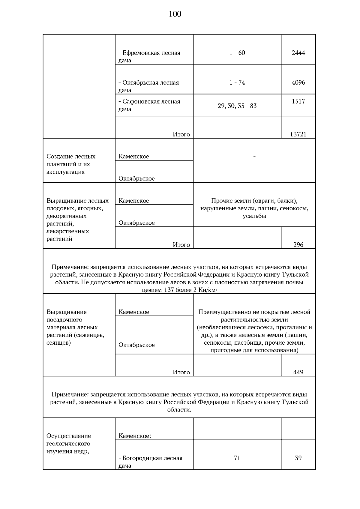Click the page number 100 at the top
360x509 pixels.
click(x=175, y=14)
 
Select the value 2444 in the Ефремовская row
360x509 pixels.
click(x=298, y=53)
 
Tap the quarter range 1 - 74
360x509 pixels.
click(x=237, y=82)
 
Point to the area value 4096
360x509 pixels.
click(x=298, y=82)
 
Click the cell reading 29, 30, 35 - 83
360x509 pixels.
click(x=237, y=106)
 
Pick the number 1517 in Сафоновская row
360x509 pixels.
click(x=298, y=101)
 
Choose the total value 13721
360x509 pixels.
click(x=298, y=134)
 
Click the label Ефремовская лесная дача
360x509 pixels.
click(x=149, y=56)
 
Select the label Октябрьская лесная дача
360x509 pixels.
click(x=148, y=86)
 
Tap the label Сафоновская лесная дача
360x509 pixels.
click(x=149, y=105)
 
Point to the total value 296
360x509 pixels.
click(x=298, y=245)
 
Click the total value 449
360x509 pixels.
click(x=298, y=372)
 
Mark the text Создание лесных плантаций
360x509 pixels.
click(x=71, y=164)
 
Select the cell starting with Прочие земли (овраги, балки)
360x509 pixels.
click(x=254, y=208)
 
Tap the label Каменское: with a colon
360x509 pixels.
click(x=135, y=436)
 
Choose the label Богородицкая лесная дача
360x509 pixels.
click(x=150, y=462)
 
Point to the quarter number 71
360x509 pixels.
click(x=237, y=458)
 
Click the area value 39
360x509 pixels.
click(x=298, y=458)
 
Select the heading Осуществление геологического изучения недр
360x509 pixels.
click(x=68, y=444)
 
